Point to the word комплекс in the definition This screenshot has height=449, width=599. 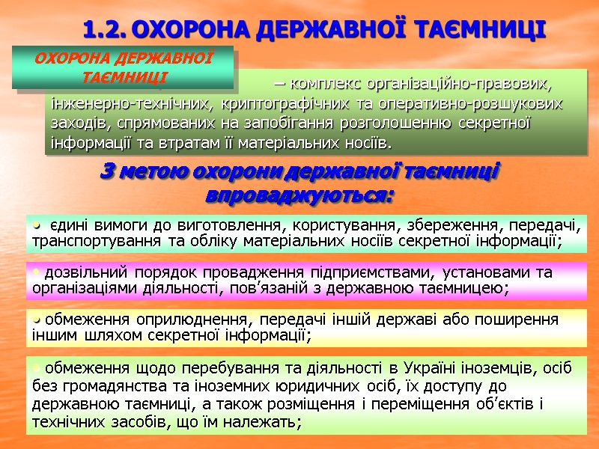(323, 82)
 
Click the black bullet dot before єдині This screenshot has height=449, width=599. (35, 223)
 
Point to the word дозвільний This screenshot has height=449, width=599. (82, 272)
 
